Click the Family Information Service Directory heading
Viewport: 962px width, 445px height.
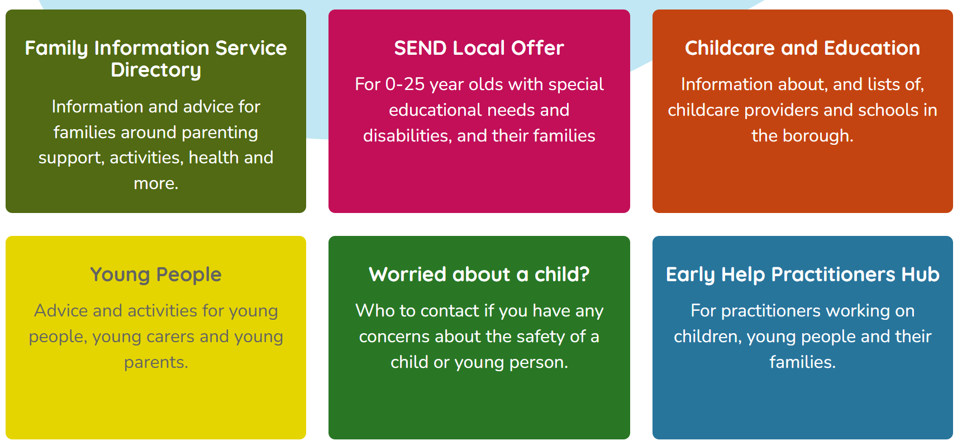pos(156,59)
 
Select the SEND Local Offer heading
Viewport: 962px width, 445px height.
pos(479,48)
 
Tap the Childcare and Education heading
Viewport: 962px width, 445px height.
pos(802,48)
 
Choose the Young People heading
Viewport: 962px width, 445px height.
pos(156,275)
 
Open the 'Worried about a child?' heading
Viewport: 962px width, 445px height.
pos(479,274)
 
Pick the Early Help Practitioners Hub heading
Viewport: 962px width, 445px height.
pos(803,275)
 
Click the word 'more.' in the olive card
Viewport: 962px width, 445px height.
pos(156,183)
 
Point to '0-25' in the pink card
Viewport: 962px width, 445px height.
pos(405,84)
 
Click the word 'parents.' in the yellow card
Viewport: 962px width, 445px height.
pos(156,363)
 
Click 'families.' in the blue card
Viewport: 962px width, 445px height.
pos(803,362)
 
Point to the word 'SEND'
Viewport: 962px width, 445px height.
pos(420,48)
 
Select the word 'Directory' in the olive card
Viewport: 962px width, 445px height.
pos(156,70)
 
